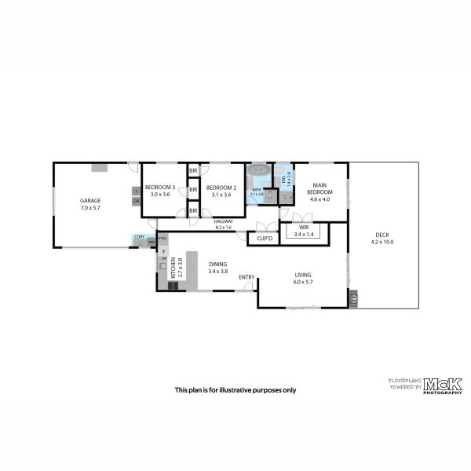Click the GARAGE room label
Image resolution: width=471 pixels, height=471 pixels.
(x=90, y=201)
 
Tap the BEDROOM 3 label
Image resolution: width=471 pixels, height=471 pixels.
(x=160, y=188)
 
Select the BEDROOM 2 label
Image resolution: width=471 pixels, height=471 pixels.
(x=221, y=188)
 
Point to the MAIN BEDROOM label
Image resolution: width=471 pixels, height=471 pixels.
(x=319, y=188)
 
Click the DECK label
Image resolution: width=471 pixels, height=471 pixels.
(x=382, y=235)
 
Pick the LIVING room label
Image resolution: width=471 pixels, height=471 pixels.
(x=303, y=275)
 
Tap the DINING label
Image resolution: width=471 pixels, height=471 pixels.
(x=218, y=265)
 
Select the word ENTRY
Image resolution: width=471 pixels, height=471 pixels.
(x=246, y=276)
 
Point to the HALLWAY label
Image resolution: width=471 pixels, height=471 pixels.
(x=224, y=221)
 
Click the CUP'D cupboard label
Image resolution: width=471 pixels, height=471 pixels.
(x=264, y=238)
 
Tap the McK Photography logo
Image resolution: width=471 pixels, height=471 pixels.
(x=443, y=385)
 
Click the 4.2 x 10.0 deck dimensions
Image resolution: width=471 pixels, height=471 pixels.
(x=382, y=242)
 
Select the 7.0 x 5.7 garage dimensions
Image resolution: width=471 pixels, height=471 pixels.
(x=90, y=209)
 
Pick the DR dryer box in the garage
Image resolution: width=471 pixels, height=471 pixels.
(x=136, y=201)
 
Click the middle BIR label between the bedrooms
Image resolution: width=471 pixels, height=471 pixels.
(x=193, y=189)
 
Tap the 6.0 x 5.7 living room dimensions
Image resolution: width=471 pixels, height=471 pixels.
(x=303, y=282)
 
